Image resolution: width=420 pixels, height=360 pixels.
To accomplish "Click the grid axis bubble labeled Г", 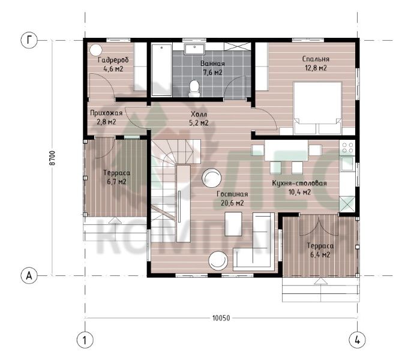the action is pos(29,40).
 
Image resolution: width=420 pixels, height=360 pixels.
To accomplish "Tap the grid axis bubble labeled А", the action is pos(29,275).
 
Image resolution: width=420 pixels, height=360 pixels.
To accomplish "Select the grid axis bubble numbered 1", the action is pos(85,340).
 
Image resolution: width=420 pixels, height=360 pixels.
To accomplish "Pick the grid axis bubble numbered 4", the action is pos(358,340).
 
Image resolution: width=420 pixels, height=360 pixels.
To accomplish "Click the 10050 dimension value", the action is pos(221,318).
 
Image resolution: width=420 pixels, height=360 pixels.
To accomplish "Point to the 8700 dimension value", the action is pos(53,158).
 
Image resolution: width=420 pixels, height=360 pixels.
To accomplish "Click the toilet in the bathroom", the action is pos(194,88).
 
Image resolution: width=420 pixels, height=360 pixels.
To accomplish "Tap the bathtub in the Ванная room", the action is pos(161,70).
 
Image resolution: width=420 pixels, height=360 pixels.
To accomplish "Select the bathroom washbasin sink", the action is pos(195,49).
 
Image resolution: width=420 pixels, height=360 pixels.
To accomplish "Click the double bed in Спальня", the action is pos(317,108).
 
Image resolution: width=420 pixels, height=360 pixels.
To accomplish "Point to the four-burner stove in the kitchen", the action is pos(347,148).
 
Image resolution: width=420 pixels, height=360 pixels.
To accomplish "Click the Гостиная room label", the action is pos(232,194).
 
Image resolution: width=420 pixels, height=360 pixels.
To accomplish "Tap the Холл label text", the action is pos(199,115).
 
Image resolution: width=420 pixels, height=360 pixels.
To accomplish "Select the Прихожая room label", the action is pos(106,113).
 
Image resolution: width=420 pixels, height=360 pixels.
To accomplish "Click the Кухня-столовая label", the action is pos(299,183).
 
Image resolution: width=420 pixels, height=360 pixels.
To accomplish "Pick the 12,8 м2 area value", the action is pos(316,68).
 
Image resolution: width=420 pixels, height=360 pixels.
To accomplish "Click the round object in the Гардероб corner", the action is pos(95,50).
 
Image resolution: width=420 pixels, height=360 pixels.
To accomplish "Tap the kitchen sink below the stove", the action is pos(347,164).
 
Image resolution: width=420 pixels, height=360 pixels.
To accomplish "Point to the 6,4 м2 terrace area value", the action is pos(320,254).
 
